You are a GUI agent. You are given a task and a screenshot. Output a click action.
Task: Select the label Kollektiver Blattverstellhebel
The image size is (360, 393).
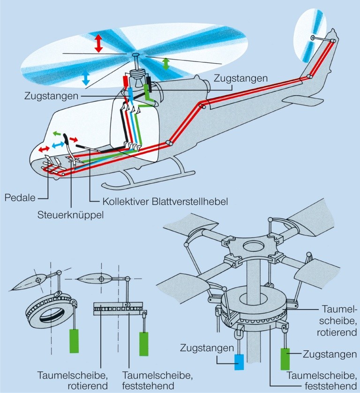pyautogui.click(x=165, y=202)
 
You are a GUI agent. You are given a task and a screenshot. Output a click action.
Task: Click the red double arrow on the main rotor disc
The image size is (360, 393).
pyautogui.click(x=98, y=43)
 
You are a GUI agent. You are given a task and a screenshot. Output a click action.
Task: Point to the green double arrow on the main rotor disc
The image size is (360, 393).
pyautogui.click(x=166, y=64)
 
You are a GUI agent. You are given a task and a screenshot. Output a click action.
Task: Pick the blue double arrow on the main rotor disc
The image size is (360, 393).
pyautogui.click(x=85, y=78)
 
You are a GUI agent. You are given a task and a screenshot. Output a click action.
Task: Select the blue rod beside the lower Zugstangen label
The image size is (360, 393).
pyautogui.click(x=239, y=363)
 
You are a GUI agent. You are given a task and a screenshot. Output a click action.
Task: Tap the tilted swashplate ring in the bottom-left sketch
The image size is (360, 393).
pyautogui.click(x=47, y=310)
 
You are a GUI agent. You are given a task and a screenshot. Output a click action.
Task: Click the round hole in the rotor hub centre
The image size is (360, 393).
pyautogui.click(x=254, y=246)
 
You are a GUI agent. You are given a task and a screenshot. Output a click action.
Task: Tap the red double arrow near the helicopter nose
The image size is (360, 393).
pyautogui.click(x=43, y=149)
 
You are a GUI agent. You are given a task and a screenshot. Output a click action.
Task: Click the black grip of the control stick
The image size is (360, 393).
pyautogui.click(x=67, y=139)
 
